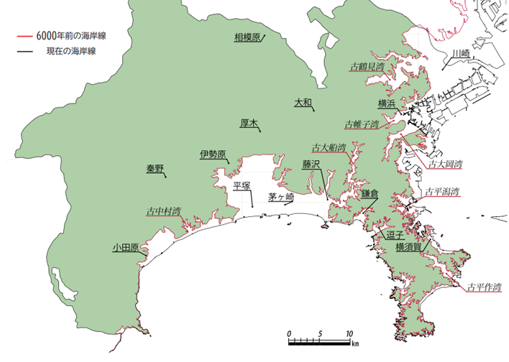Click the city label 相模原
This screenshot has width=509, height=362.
(246, 37)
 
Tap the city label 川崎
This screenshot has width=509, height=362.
(460, 54)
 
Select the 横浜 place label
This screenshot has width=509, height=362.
(386, 103)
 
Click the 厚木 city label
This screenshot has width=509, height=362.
(248, 124)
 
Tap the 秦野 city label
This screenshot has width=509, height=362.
(155, 169)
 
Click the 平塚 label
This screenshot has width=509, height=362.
(242, 186)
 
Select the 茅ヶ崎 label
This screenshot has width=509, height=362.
(281, 197)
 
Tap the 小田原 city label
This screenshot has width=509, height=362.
(125, 248)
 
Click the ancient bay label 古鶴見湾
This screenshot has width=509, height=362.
(367, 67)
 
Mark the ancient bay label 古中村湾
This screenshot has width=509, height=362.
(163, 212)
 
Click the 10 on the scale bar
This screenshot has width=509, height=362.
(348, 334)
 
